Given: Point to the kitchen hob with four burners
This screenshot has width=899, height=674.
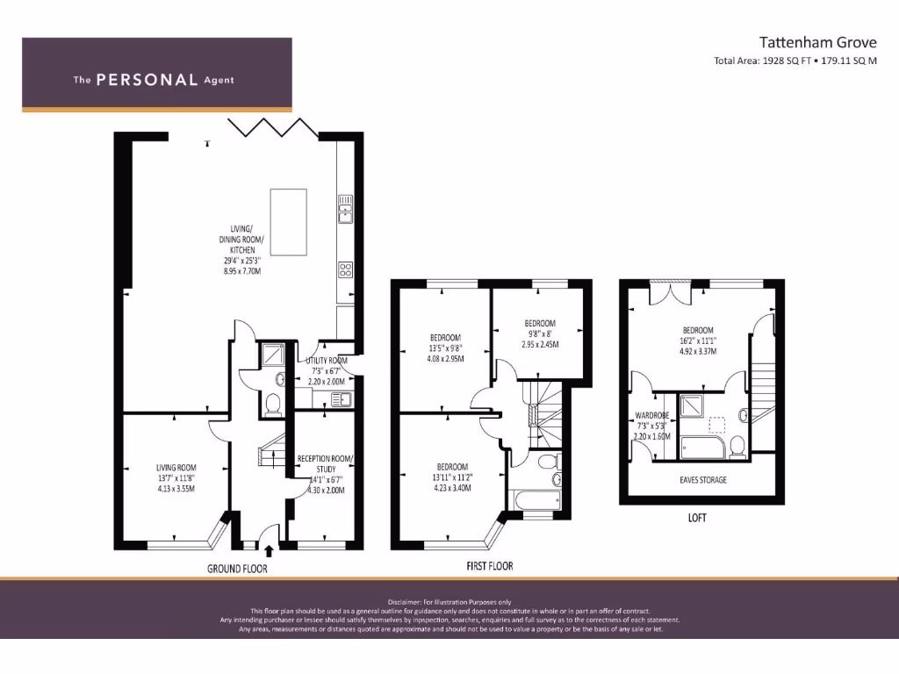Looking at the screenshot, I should (x=345, y=269).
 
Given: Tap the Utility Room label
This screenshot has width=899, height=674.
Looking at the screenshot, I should (x=326, y=361).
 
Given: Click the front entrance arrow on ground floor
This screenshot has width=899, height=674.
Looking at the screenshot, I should (x=269, y=550).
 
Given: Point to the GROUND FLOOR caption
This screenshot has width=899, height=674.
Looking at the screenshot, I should (x=237, y=569).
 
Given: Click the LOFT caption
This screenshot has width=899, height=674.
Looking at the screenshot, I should (x=697, y=518).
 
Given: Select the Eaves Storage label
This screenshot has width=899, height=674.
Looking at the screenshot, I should (x=703, y=480).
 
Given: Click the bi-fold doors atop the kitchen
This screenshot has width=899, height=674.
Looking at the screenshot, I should (x=272, y=127).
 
